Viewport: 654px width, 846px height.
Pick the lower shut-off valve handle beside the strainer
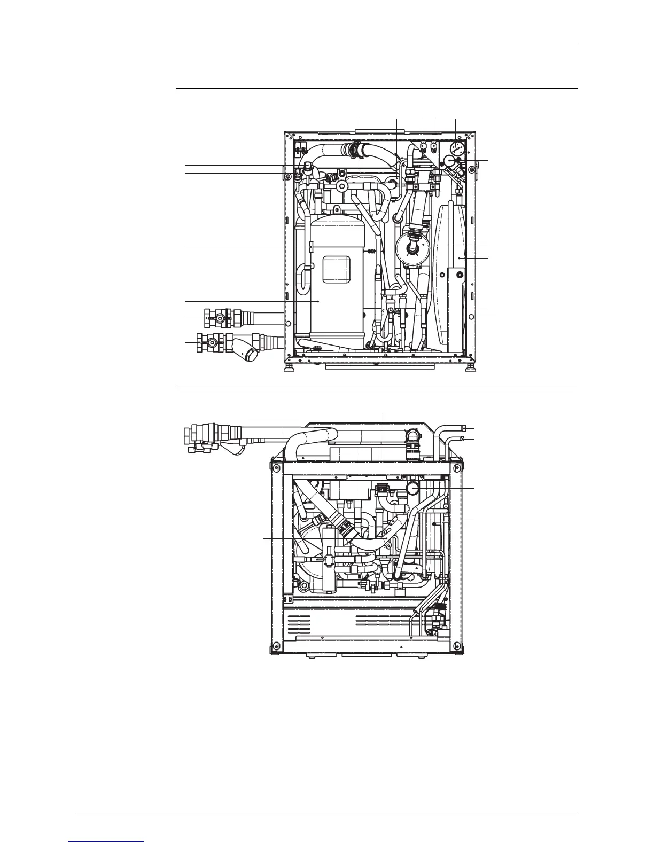coord(213,342)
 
